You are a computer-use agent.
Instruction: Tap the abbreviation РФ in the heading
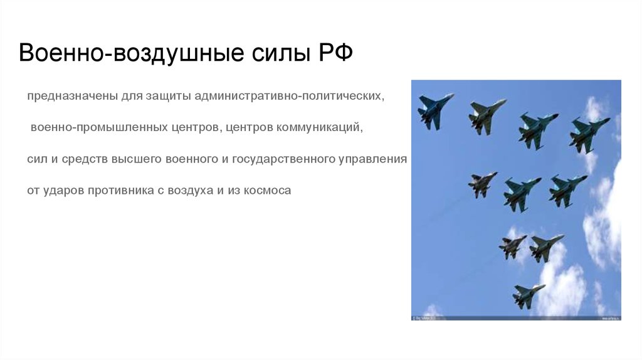(335, 53)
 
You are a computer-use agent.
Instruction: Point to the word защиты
(168, 97)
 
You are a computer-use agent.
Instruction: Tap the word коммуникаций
(320, 127)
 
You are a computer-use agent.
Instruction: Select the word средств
(85, 159)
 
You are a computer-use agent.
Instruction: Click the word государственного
(283, 159)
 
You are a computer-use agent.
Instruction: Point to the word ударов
(64, 191)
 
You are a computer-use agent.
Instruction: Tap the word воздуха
(191, 191)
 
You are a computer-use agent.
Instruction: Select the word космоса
(267, 191)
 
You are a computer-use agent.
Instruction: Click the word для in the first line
(132, 97)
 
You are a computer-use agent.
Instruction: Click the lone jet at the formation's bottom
(528, 295)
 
